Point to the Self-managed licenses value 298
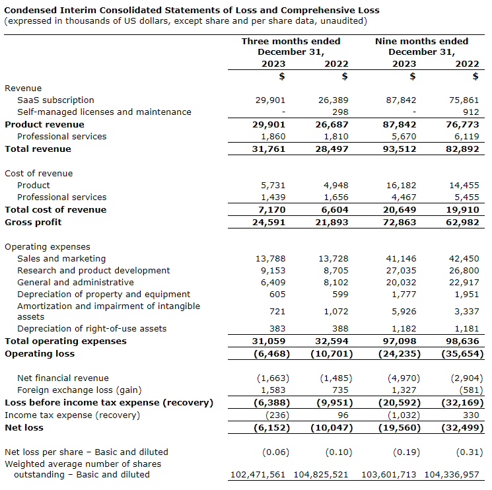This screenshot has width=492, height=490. (339, 112)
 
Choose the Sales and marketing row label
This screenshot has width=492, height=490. (61, 259)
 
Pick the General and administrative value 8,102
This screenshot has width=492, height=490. (333, 283)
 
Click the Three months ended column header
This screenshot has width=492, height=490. (291, 46)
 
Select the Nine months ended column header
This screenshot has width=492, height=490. (421, 46)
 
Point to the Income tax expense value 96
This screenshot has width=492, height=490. (341, 415)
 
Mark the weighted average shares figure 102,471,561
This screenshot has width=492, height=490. (258, 475)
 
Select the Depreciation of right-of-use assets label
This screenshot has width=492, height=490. (92, 329)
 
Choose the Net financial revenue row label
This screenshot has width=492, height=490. (63, 378)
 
